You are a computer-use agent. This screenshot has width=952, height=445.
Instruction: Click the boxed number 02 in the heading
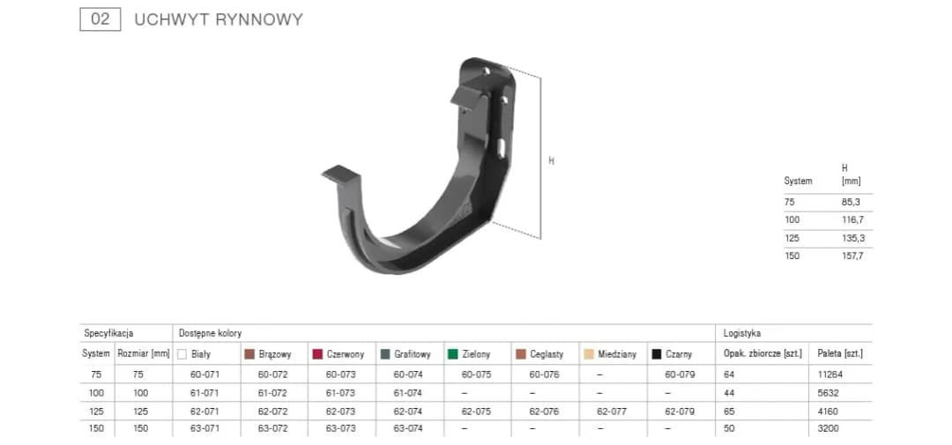tap(100, 19)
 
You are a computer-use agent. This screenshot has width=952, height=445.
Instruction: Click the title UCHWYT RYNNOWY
tap(218, 19)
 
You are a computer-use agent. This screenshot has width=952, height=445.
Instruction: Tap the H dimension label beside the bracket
tap(552, 160)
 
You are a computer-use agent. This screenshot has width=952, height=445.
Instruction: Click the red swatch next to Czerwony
tap(317, 354)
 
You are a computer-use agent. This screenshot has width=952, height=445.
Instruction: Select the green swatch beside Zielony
tap(452, 354)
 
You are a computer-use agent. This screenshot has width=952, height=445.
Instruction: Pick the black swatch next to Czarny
tap(657, 354)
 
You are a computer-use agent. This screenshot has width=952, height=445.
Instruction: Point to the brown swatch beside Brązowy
tap(249, 354)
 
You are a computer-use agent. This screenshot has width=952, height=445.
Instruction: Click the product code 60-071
tap(205, 375)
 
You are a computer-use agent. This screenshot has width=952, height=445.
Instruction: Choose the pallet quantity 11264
tap(834, 375)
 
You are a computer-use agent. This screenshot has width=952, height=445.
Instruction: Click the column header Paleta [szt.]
tap(840, 354)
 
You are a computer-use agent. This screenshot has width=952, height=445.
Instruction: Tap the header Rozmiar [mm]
tap(143, 354)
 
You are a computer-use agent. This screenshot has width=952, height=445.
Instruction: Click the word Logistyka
tap(741, 334)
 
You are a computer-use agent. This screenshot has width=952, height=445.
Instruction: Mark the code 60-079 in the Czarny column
tap(679, 375)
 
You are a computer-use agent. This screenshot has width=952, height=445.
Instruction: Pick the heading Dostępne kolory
tap(210, 334)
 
